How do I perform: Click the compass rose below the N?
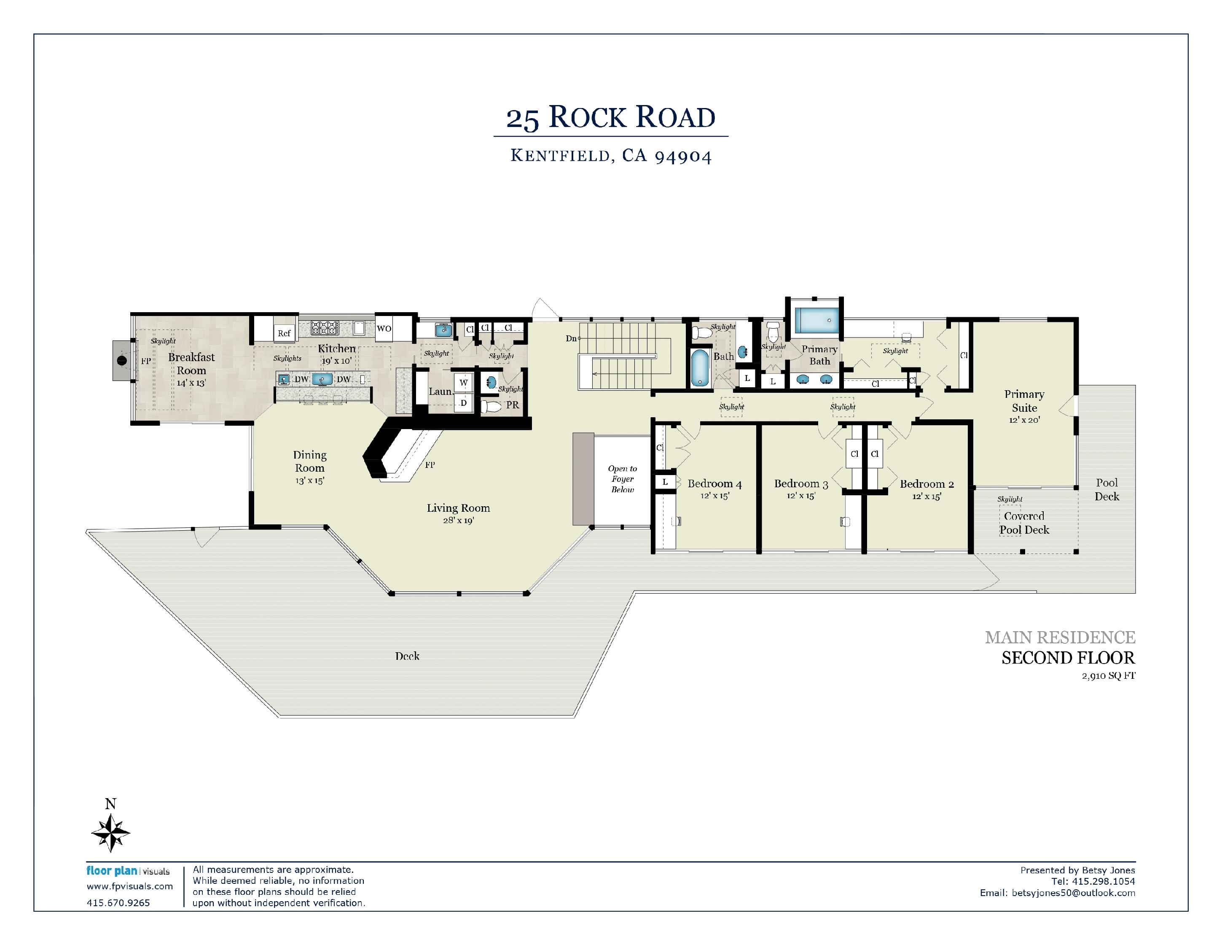click(x=111, y=833)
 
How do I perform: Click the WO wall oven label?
click(x=384, y=329)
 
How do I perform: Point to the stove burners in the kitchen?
click(x=325, y=327)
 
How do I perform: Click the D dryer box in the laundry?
click(x=463, y=403)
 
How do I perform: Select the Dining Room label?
click(x=309, y=461)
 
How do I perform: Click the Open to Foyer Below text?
click(x=622, y=479)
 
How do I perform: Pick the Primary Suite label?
click(x=1024, y=401)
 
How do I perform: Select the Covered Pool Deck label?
click(x=1024, y=523)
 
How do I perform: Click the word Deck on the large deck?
click(x=407, y=656)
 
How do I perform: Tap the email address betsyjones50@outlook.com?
click(x=1074, y=893)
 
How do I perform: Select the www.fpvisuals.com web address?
click(x=130, y=886)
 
